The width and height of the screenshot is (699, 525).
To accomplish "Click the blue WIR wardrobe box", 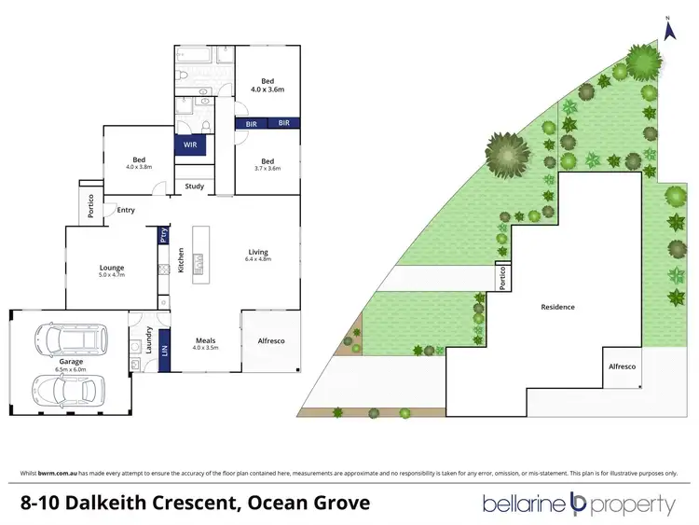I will (x=189, y=145).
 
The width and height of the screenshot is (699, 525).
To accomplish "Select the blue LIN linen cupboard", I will (x=165, y=352).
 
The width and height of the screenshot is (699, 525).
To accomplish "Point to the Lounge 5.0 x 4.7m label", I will (x=112, y=271).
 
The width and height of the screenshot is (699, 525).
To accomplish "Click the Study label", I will (x=194, y=187).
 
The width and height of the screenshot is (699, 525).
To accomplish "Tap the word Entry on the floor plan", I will (x=126, y=210).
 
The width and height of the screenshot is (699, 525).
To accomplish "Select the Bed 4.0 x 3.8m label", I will (x=138, y=163).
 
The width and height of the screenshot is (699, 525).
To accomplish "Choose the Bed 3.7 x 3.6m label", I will (x=267, y=163).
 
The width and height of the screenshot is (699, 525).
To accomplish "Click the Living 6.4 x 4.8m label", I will (x=258, y=255).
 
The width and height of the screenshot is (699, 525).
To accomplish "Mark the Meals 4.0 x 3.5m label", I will (x=206, y=343).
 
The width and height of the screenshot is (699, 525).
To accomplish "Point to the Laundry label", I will (x=148, y=340).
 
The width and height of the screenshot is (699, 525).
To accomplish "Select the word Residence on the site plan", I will (x=557, y=307).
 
